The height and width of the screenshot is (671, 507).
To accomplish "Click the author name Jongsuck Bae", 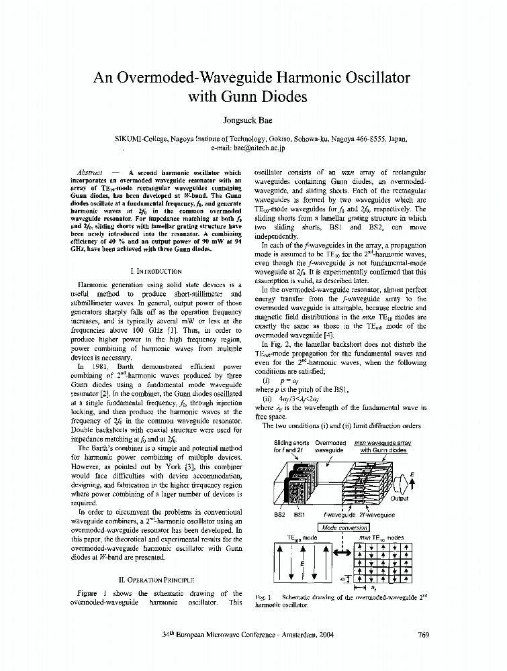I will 253,121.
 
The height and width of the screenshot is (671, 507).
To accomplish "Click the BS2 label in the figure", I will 280,515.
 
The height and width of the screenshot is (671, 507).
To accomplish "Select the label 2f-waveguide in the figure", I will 377,515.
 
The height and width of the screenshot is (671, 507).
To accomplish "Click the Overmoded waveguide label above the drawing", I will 330,446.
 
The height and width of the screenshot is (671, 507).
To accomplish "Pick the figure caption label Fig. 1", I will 263,597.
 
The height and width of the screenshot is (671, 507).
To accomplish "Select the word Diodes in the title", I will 281,97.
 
